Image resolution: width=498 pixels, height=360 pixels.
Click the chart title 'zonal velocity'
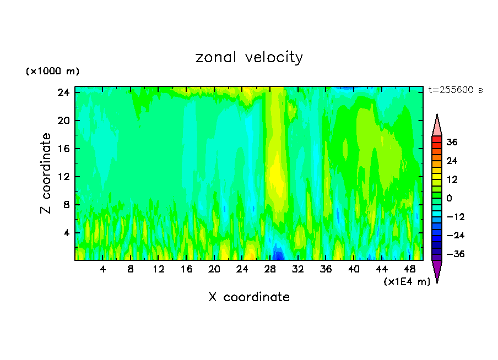[x=249, y=57]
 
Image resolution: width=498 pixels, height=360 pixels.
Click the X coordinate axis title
[x=249, y=297]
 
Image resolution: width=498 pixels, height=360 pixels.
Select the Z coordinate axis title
[x=46, y=173]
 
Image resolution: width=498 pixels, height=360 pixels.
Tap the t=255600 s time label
[x=455, y=90]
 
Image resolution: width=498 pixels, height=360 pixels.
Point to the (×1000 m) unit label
[x=52, y=72]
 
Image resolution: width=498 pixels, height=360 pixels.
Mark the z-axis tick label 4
[x=68, y=233]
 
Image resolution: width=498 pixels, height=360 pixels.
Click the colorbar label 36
[x=452, y=142]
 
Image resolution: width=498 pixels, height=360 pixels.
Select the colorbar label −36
[x=450, y=254]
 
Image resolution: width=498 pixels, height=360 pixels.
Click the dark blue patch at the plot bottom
[x=279, y=255]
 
